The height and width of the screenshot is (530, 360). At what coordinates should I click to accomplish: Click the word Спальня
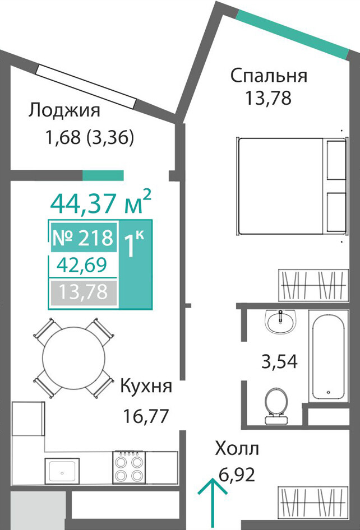tap(269, 76)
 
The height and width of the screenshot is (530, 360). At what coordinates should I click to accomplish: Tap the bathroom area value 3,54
tap(279, 361)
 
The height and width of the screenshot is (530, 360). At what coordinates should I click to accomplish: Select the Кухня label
tap(146, 387)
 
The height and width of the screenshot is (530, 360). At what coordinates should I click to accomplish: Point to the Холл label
tap(237, 449)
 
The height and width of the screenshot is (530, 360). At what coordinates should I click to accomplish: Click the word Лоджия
tap(64, 111)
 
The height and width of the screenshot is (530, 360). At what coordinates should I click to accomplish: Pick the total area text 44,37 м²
tap(100, 203)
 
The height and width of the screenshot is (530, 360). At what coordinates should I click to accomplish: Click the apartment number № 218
tap(83, 238)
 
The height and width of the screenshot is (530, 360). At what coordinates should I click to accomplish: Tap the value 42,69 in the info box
tap(82, 266)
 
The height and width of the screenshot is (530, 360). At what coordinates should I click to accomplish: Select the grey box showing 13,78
tap(83, 292)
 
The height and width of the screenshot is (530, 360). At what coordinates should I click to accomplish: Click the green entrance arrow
tap(212, 504)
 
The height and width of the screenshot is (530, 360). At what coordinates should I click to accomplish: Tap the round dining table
tap(74, 358)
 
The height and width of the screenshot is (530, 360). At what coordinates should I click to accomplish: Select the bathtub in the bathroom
tap(329, 356)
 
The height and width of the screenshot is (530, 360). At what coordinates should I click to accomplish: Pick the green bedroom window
tap(292, 34)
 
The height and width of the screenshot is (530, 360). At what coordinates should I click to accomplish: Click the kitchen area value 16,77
tap(146, 416)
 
